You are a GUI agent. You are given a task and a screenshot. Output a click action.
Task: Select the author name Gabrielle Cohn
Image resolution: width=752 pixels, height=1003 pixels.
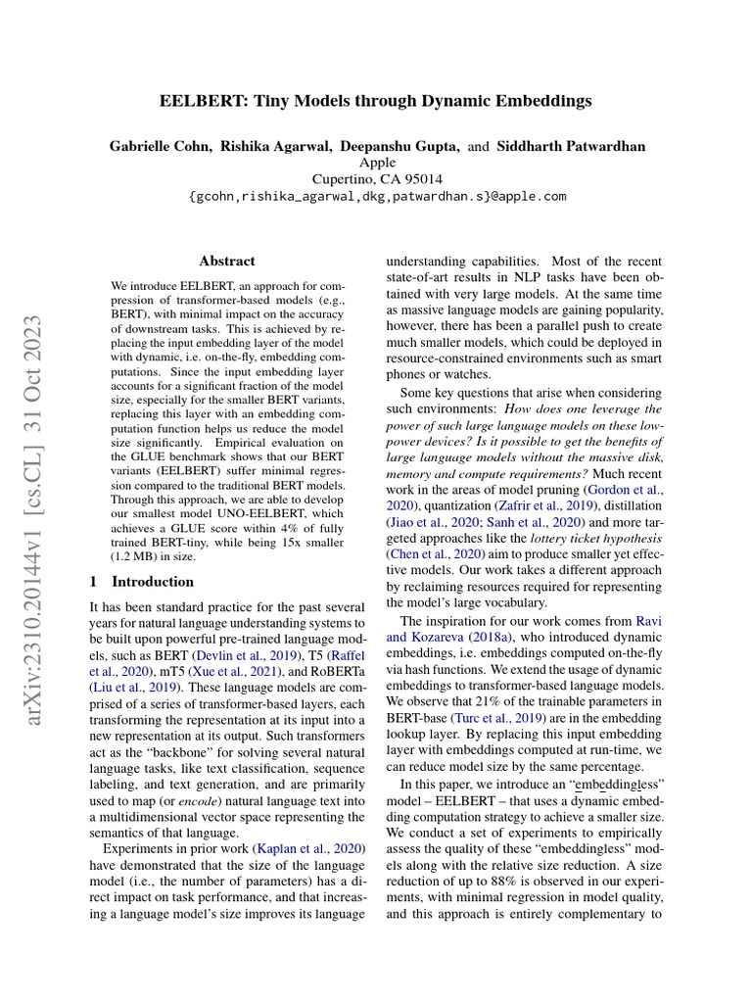161,147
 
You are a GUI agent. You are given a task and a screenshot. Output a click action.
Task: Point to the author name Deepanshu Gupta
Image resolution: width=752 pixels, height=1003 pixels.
399,147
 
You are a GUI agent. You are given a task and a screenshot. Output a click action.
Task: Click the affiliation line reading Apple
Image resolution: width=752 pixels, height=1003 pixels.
377,163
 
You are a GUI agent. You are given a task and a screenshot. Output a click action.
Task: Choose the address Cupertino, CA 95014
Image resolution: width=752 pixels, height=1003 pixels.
377,179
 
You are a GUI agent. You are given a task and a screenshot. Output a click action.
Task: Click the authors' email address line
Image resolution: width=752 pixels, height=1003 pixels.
377,196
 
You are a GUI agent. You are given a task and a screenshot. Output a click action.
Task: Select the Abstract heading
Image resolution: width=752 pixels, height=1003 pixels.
227,262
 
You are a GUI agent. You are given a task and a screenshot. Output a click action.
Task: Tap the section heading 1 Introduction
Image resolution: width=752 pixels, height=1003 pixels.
141,581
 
